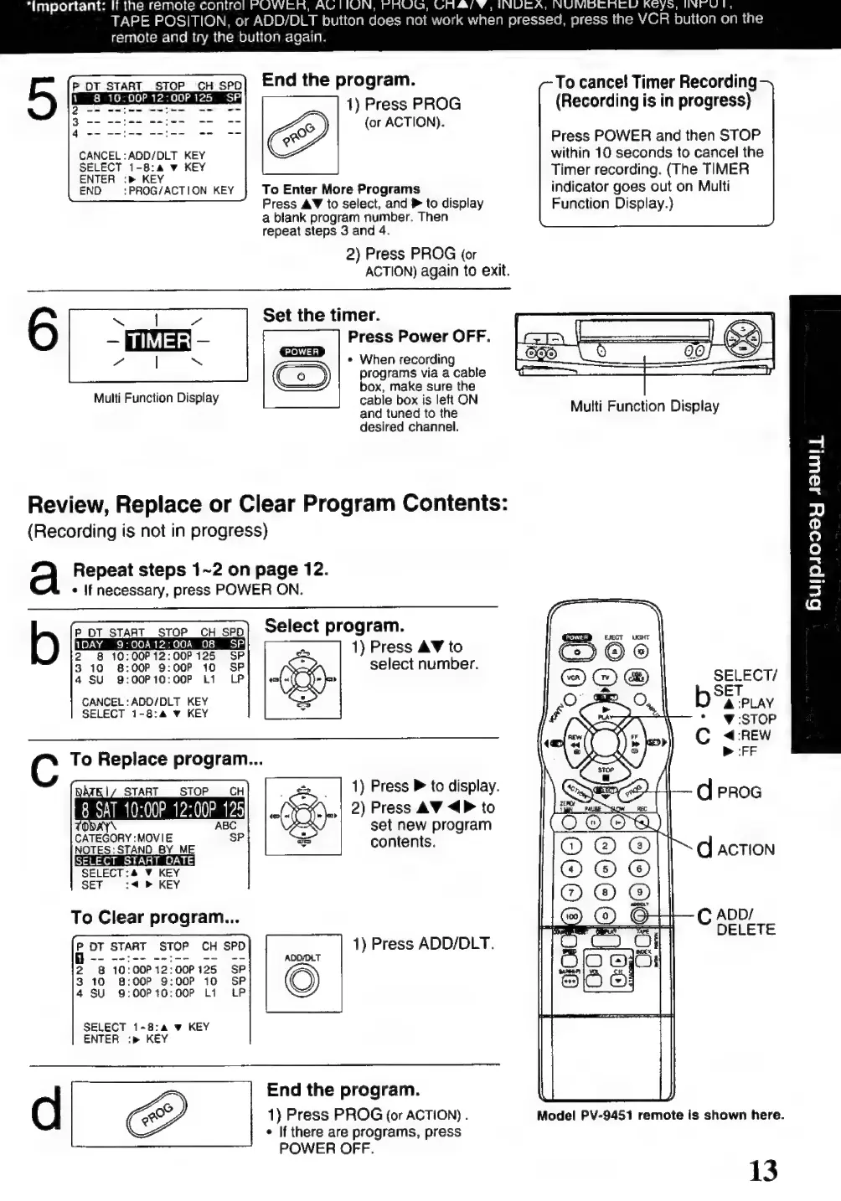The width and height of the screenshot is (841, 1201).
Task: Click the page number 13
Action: (x=762, y=1170)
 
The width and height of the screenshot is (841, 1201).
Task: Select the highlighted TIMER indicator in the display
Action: (x=157, y=340)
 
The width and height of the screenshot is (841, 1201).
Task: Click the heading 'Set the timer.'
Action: (x=321, y=316)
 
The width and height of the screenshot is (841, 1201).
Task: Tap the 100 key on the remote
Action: (x=570, y=916)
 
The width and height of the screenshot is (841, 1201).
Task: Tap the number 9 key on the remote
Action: (x=639, y=893)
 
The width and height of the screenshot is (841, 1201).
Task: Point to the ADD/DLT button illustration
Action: (x=302, y=980)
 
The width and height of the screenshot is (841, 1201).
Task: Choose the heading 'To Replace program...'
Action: (x=167, y=760)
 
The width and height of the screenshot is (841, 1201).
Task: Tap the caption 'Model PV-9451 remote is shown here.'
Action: (x=660, y=1115)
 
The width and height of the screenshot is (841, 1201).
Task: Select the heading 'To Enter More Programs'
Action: (x=341, y=189)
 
